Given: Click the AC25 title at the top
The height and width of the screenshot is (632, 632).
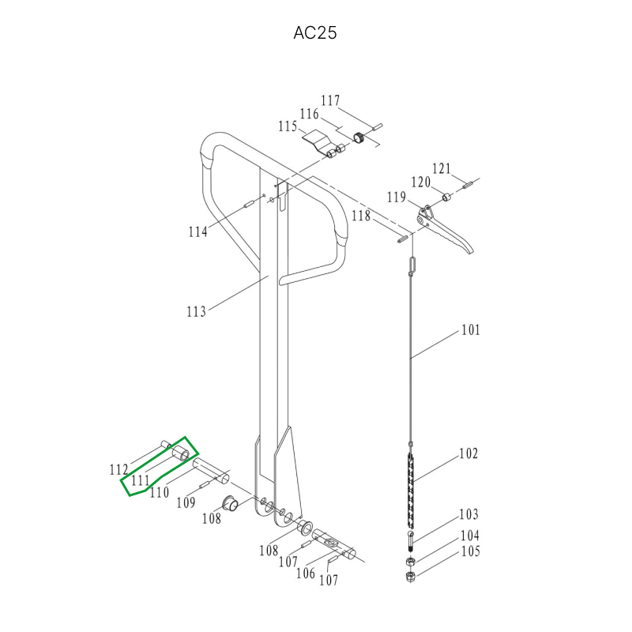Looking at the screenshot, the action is pos(314,33).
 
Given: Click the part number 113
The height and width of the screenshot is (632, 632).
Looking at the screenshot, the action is pos(196,311).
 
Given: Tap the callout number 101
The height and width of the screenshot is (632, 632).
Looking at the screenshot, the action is pos(471,330).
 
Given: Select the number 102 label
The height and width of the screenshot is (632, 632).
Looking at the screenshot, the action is pos(468,453).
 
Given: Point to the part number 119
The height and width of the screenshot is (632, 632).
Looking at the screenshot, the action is pos(397,197).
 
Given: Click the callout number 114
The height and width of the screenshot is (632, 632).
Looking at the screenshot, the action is pos(198,231).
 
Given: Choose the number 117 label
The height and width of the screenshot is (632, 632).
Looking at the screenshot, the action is pos(330,100).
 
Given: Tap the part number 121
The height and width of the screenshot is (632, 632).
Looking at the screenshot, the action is pos(442,168).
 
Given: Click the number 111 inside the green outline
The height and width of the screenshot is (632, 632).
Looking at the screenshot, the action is pos(141,480).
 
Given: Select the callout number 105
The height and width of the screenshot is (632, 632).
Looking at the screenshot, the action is pos(470,551).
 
